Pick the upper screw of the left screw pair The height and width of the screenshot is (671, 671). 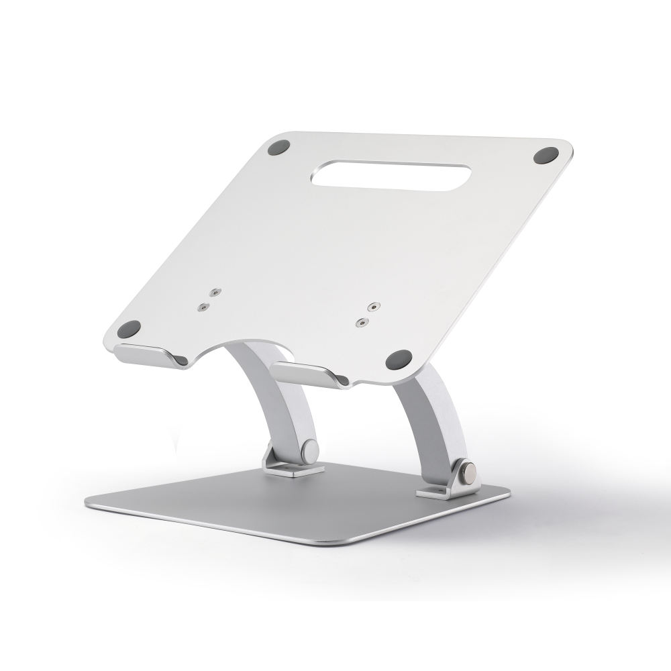point(214,293)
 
